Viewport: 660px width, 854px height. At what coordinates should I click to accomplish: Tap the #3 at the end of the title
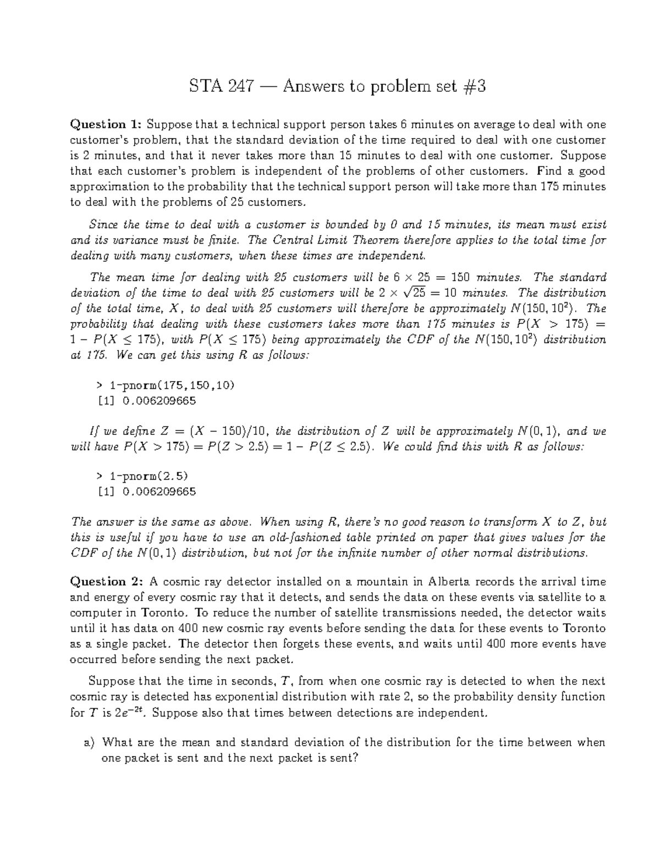click(x=475, y=87)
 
